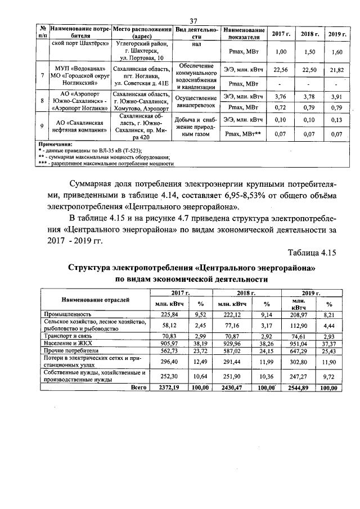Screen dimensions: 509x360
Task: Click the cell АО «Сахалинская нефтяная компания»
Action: [x=79, y=125]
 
